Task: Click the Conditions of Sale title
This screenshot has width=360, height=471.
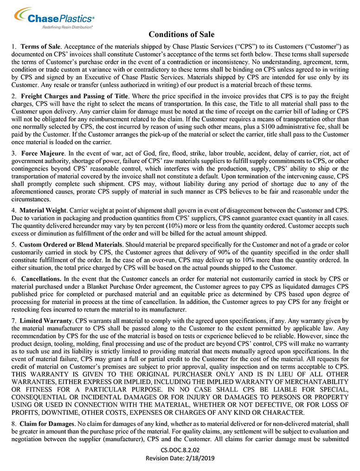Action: tap(181, 34)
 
